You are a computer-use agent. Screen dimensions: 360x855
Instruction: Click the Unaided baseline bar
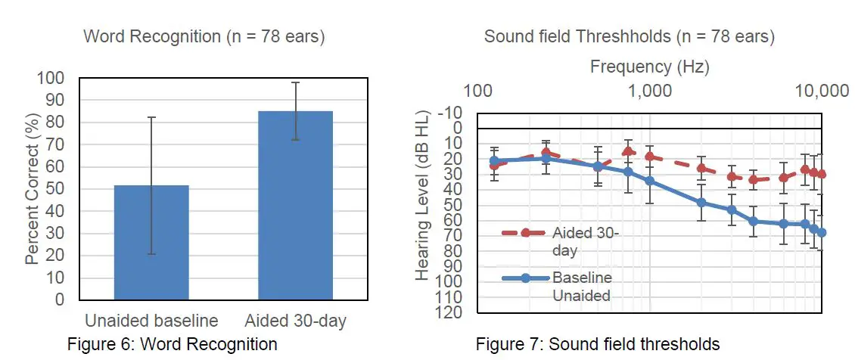(151, 242)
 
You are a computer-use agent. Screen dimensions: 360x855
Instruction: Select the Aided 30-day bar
(295, 205)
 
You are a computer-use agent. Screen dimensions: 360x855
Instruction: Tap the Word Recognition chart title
(204, 36)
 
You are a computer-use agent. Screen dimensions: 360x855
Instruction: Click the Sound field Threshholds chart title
(630, 36)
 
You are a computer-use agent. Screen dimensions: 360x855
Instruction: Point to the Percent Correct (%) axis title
(32, 189)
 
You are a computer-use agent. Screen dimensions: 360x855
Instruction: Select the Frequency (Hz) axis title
(649, 67)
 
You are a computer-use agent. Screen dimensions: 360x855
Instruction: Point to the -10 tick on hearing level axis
(455, 113)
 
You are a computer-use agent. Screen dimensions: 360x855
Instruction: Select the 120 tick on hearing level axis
(452, 312)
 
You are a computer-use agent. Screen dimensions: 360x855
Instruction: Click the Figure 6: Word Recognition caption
(173, 345)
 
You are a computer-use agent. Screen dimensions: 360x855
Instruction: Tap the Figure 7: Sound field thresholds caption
(598, 345)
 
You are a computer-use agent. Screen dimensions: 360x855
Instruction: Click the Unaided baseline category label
(151, 321)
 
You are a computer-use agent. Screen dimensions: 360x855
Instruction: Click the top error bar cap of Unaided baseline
(151, 117)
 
